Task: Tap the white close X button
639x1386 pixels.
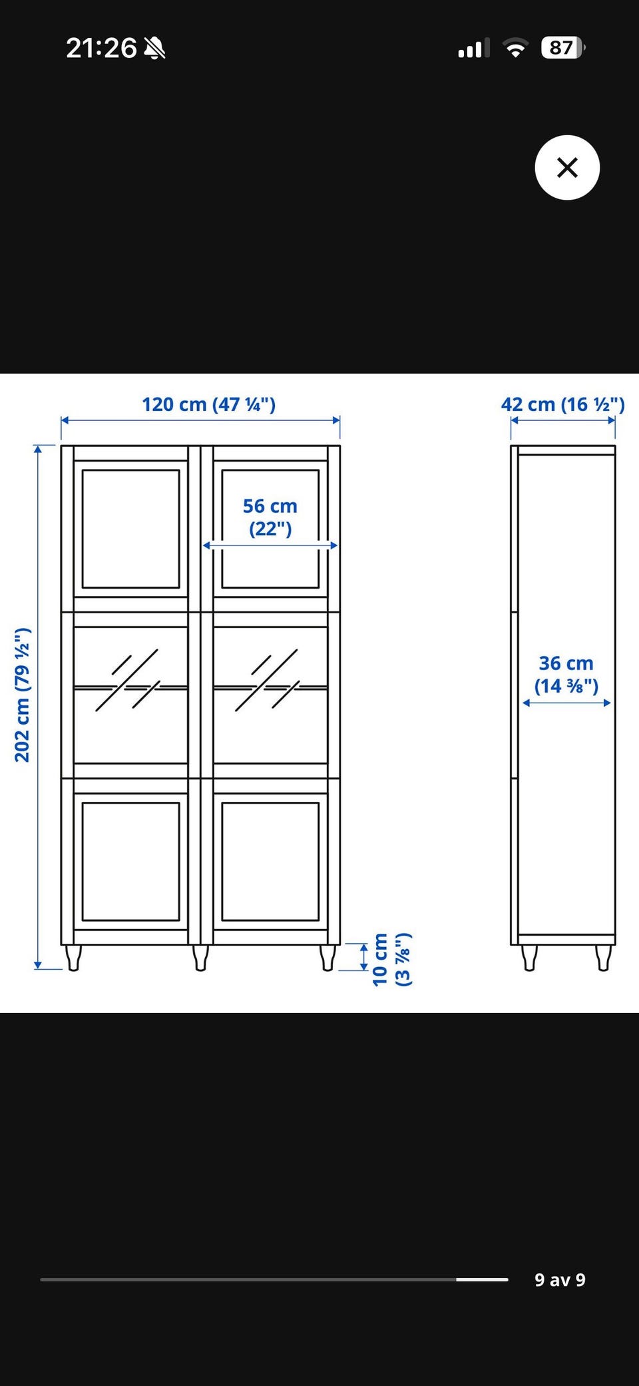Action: pos(567,167)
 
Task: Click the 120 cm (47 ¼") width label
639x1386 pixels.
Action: pos(208,404)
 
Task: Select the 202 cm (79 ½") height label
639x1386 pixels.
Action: pos(23,695)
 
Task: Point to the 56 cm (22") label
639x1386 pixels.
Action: pos(270,517)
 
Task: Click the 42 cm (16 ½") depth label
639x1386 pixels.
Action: pos(562,404)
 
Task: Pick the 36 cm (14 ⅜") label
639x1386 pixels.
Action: pos(566,674)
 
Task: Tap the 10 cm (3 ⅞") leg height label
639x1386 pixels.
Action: pos(391,959)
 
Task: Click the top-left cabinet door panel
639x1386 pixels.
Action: pos(130,529)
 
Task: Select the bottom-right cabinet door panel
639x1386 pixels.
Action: pos(270,861)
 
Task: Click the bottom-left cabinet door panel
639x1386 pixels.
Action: pos(130,861)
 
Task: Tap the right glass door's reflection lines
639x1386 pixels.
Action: pos(267,680)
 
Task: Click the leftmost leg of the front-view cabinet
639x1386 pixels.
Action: pos(74,958)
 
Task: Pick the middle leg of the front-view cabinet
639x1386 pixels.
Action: pos(200,958)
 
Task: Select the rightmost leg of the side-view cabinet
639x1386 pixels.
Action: pos(603,958)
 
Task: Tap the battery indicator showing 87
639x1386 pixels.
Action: pos(563,48)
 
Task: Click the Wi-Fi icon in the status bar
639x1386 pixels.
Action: pos(515,48)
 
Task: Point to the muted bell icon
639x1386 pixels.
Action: pos(154,48)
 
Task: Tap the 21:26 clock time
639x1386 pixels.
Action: pos(101,48)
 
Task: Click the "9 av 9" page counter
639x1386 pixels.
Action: pos(560,1279)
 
